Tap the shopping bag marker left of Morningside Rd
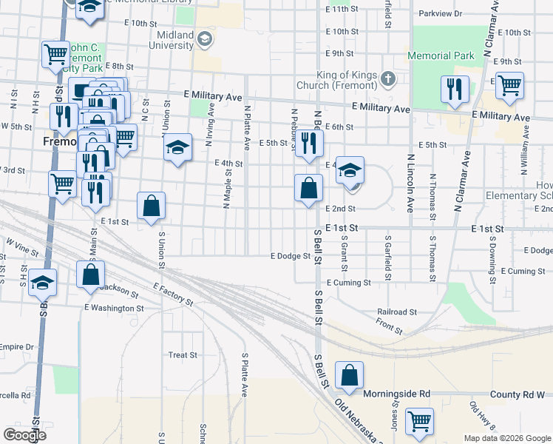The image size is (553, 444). pos(348,377)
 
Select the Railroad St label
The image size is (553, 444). pos(397,313)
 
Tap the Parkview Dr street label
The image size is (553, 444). pos(439,13)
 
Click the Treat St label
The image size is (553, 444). pos(183,355)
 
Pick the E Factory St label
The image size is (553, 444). pos(173,294)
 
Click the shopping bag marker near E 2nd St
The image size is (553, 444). pos(308,189)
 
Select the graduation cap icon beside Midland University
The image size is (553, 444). pos(205,38)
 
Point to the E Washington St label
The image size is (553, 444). pos(113,307)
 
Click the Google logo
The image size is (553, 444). pos(24,434)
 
